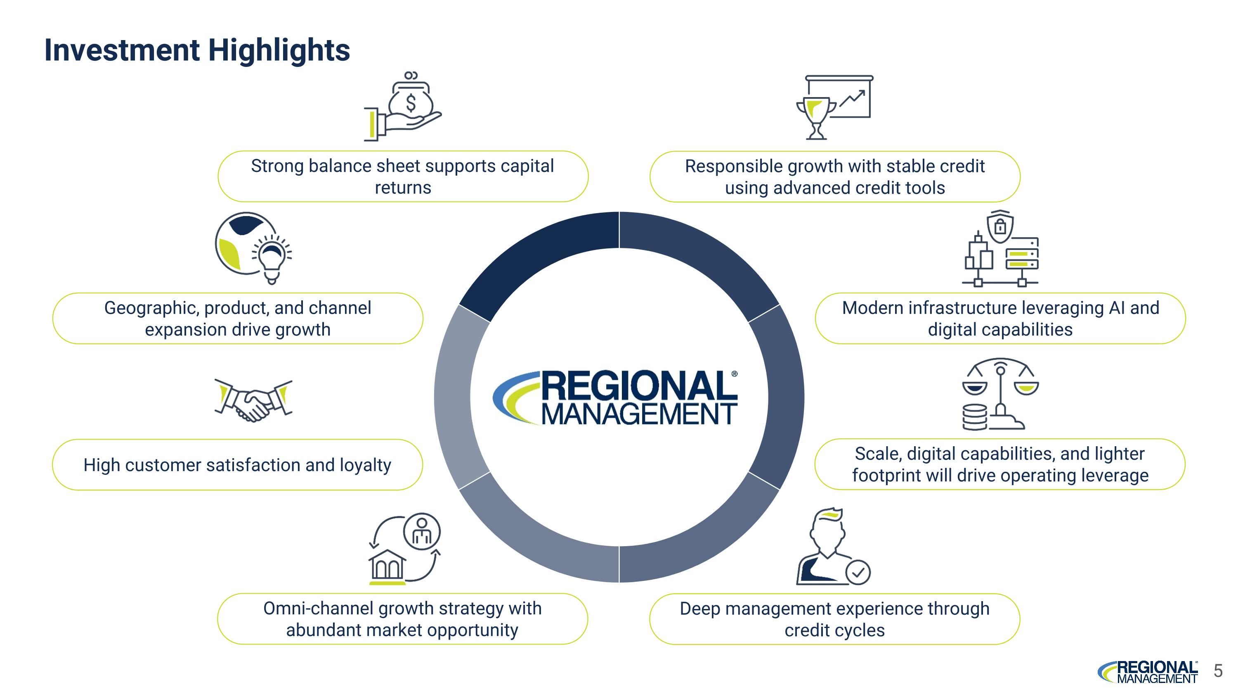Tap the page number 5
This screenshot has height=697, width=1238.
(x=1218, y=671)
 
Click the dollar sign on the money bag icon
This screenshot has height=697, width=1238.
(x=411, y=103)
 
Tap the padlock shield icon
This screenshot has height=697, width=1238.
(x=1000, y=226)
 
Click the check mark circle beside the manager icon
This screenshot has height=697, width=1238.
(x=858, y=572)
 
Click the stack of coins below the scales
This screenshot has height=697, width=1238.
(x=975, y=416)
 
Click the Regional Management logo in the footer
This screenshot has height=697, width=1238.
(x=1148, y=671)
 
